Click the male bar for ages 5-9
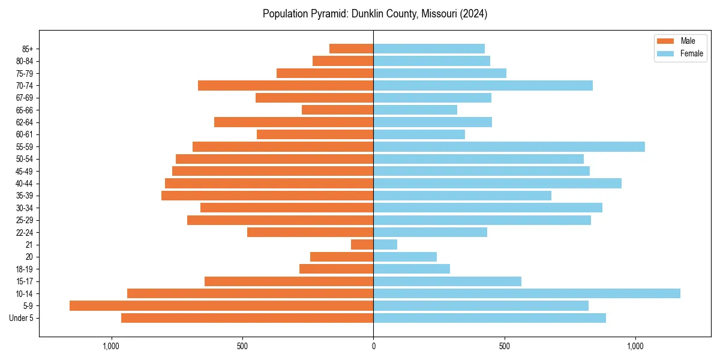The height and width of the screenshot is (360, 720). [221, 305]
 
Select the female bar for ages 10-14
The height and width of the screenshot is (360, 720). [527, 293]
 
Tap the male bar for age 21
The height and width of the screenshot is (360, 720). [362, 244]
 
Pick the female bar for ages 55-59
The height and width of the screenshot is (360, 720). [509, 146]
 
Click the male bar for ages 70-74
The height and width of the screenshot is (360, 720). [286, 85]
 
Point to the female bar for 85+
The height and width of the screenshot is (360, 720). [429, 49]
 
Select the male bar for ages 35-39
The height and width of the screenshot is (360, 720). [268, 196]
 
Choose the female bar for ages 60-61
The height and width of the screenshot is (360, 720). [419, 134]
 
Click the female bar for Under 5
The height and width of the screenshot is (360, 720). [490, 318]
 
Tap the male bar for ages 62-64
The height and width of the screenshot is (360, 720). [294, 122]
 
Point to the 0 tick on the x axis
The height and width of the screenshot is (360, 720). [373, 346]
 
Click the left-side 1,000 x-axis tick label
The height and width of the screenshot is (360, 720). [111, 346]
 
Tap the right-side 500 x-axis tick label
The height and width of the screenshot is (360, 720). [505, 346]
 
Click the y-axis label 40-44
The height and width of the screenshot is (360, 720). [25, 184]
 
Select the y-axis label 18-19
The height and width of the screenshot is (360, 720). [25, 269]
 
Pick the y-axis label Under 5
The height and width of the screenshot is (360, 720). [22, 318]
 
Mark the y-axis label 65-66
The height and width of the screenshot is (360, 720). [25, 110]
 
